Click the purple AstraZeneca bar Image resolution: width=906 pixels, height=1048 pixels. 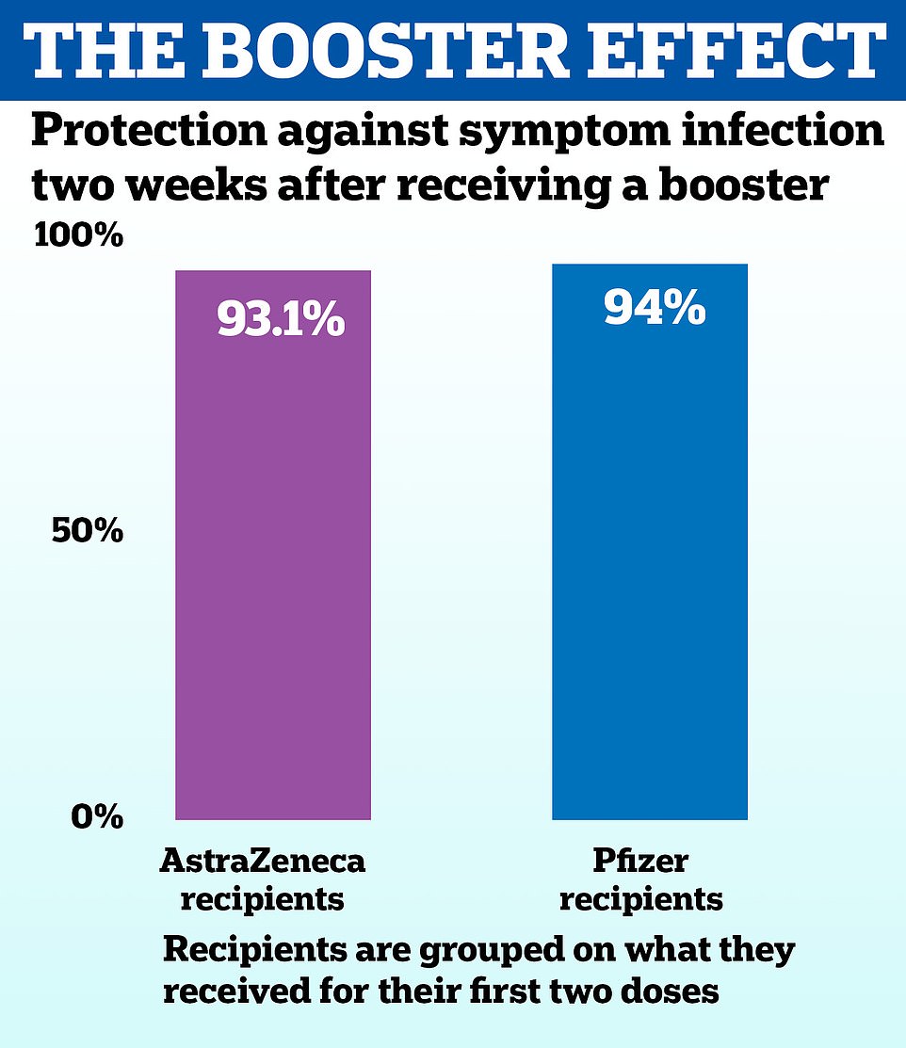273,565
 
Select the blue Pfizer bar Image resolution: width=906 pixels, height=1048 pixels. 649,565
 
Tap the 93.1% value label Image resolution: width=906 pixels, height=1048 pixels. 281,320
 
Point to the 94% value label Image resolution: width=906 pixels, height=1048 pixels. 655,307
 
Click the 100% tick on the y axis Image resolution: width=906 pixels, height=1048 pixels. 78,235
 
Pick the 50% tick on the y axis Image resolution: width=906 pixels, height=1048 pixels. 86,532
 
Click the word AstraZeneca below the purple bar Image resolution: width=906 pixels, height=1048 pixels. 262,860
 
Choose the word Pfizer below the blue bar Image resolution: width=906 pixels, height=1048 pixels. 640,860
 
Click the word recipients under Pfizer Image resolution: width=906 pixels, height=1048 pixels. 640,898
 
